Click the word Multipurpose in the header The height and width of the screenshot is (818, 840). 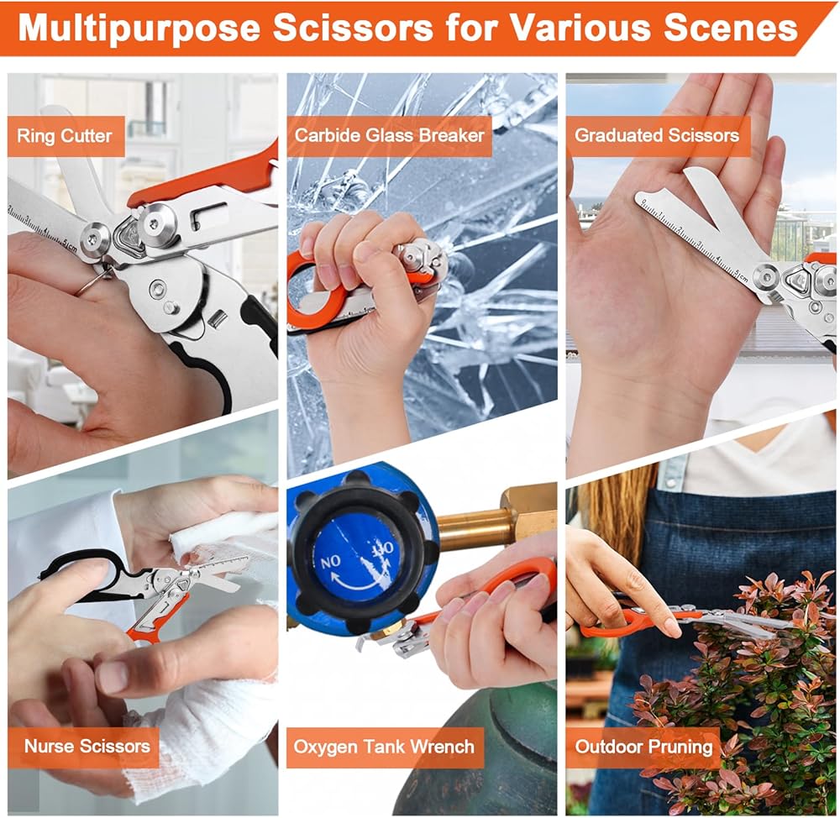[139, 28]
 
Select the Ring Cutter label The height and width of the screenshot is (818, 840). [65, 135]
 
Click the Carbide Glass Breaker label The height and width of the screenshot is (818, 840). [389, 135]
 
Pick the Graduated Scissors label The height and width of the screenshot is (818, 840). [657, 135]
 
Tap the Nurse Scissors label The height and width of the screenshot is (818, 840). [87, 746]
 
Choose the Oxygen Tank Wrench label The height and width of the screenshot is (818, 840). [384, 747]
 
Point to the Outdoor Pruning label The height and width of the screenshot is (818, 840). [644, 747]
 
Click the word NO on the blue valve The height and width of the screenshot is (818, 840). [330, 561]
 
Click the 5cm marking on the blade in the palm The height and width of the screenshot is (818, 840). [740, 276]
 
